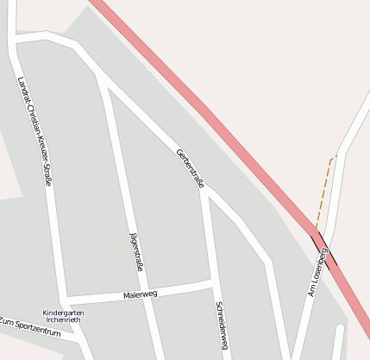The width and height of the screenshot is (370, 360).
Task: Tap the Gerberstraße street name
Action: coord(190,167)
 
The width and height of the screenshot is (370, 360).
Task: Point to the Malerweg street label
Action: coord(141,294)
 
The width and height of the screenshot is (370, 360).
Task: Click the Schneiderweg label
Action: coord(222,325)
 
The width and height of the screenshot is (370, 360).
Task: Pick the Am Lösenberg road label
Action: coord(317,271)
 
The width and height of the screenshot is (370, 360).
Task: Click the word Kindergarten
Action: coord(63,313)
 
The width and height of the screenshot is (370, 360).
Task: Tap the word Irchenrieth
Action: coord(63,319)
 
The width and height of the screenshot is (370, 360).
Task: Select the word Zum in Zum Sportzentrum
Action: coord(8,322)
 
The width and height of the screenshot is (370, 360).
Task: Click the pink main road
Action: coord(216,120)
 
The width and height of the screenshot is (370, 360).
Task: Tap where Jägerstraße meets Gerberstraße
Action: coord(106,87)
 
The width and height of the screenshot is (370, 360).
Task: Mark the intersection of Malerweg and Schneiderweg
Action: coord(210,282)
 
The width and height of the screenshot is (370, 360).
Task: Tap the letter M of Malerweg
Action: coord(127,295)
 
